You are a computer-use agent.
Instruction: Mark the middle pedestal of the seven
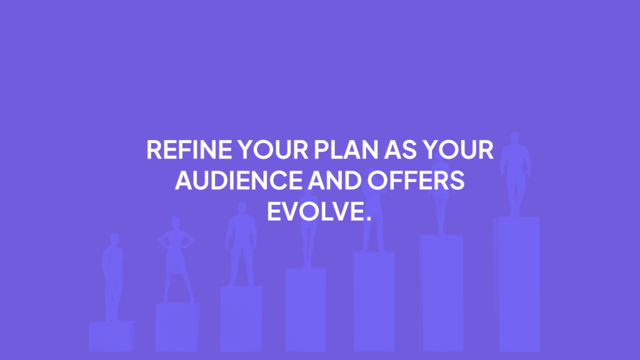click(306, 309)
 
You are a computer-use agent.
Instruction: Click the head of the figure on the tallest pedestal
click(515, 139)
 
